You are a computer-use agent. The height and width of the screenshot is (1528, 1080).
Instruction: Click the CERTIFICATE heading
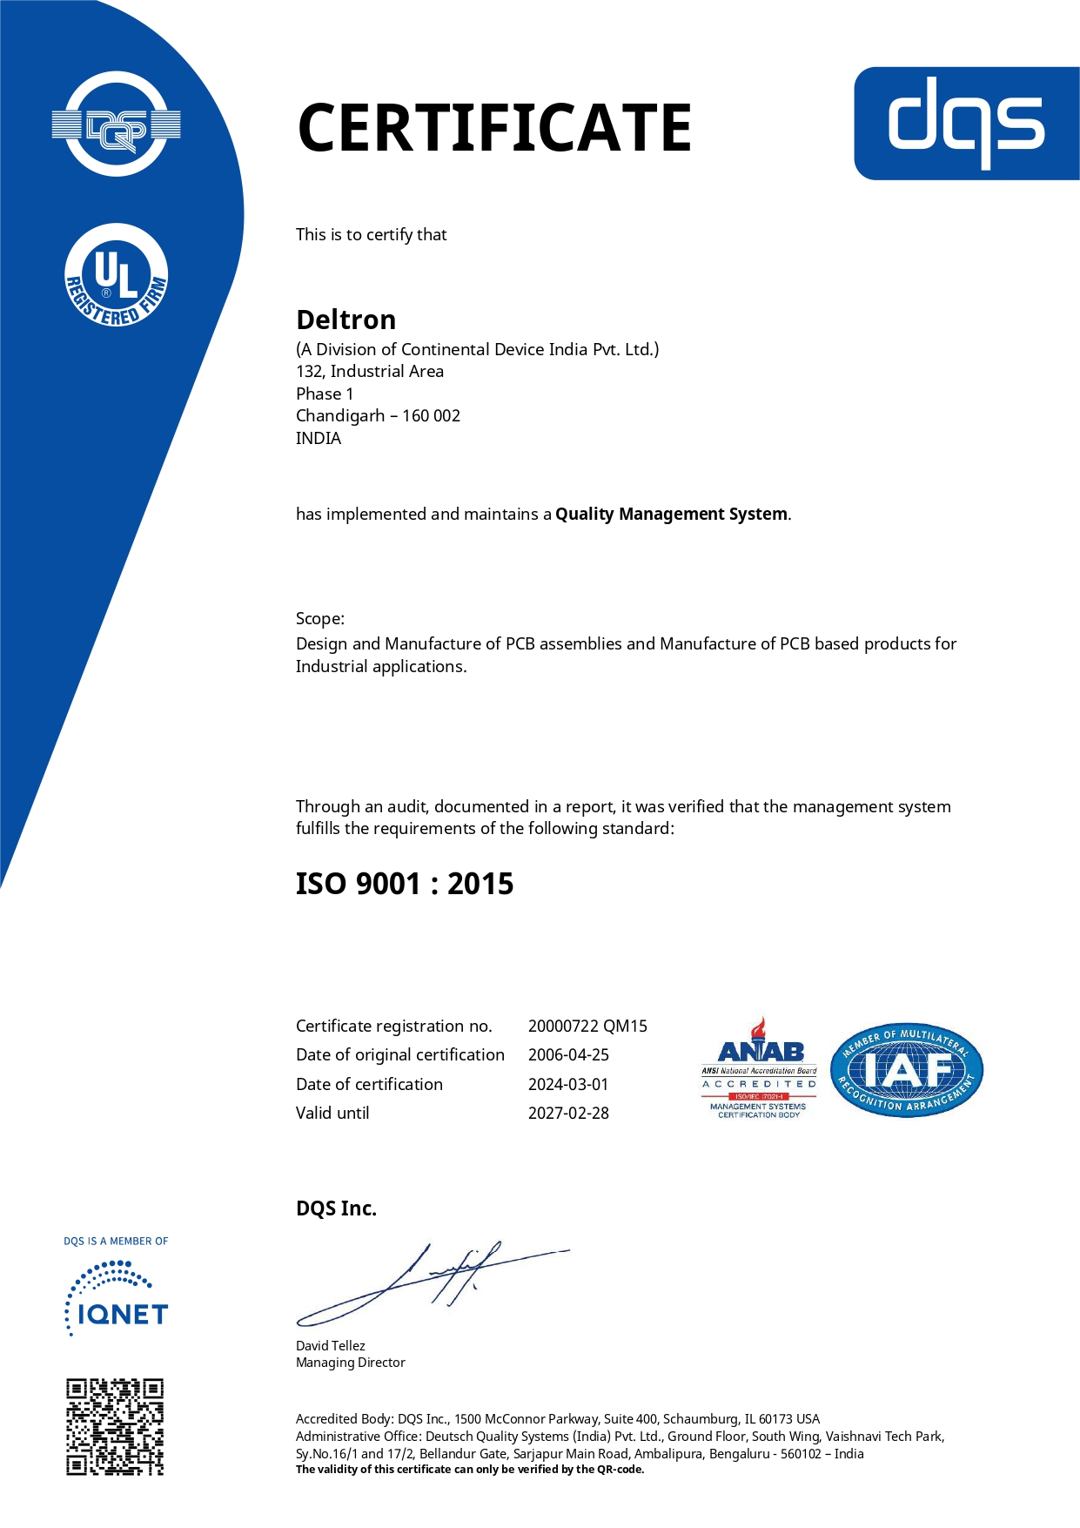tap(494, 128)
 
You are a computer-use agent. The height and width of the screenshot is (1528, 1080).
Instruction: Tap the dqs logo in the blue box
tap(966, 123)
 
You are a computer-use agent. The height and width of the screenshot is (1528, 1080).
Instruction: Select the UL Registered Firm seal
tap(117, 276)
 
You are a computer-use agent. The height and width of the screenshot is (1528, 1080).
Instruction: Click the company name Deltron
tap(345, 320)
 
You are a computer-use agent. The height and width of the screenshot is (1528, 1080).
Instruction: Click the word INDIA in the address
tap(319, 438)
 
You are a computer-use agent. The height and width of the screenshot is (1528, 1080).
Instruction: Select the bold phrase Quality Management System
tap(671, 514)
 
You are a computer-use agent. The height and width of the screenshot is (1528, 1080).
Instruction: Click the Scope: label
tap(320, 618)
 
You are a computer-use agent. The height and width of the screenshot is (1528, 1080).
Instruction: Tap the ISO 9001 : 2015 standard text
tap(405, 884)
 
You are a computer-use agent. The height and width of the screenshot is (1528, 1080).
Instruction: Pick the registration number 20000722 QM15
tap(587, 1026)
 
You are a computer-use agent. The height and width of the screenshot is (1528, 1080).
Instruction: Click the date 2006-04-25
tap(568, 1054)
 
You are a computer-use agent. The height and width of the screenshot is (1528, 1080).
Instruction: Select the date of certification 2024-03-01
tap(568, 1084)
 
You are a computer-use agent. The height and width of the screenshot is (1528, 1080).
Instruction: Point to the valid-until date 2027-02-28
tap(568, 1113)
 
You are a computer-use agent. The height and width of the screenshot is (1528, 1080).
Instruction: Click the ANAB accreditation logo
tap(759, 1069)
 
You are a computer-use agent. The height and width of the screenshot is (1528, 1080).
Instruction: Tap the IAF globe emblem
tap(907, 1070)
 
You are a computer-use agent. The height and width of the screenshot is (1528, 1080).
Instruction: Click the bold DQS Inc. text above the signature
tap(336, 1208)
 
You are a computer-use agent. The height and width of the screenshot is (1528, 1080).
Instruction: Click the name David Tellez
tap(331, 1345)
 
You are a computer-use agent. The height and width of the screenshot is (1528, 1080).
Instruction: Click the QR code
tap(115, 1426)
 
